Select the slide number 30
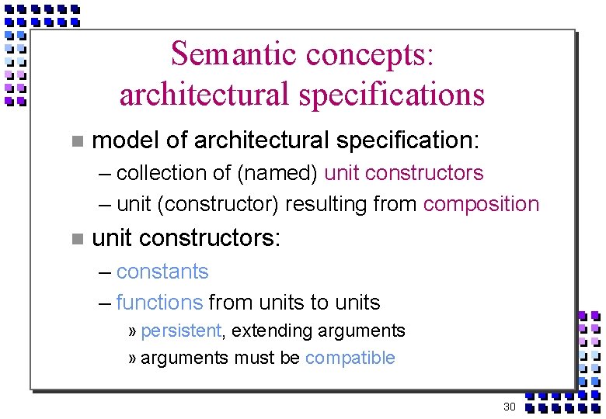(x=510, y=407)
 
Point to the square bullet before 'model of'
(x=75, y=141)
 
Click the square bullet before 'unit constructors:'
(x=75, y=239)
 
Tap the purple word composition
(x=481, y=204)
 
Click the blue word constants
(x=162, y=272)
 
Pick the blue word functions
(x=159, y=303)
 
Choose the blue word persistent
(x=181, y=331)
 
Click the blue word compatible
(x=350, y=358)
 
